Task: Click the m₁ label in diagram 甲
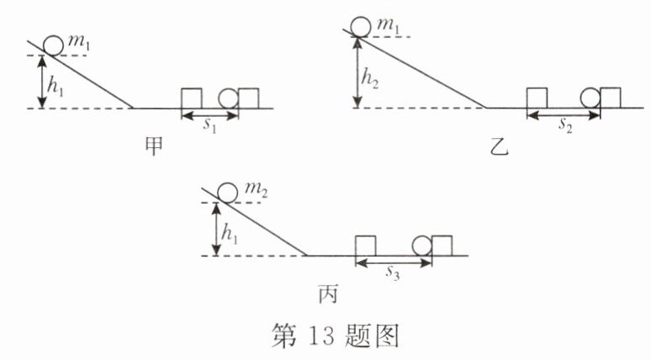[83, 44]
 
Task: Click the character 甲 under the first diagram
[154, 144]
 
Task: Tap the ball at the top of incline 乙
[362, 26]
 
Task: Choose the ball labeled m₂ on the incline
[226, 193]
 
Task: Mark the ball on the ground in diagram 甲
[229, 98]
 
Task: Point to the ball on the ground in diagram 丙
[422, 245]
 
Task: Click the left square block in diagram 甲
[193, 98]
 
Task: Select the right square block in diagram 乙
[610, 98]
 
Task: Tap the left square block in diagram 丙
[365, 245]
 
